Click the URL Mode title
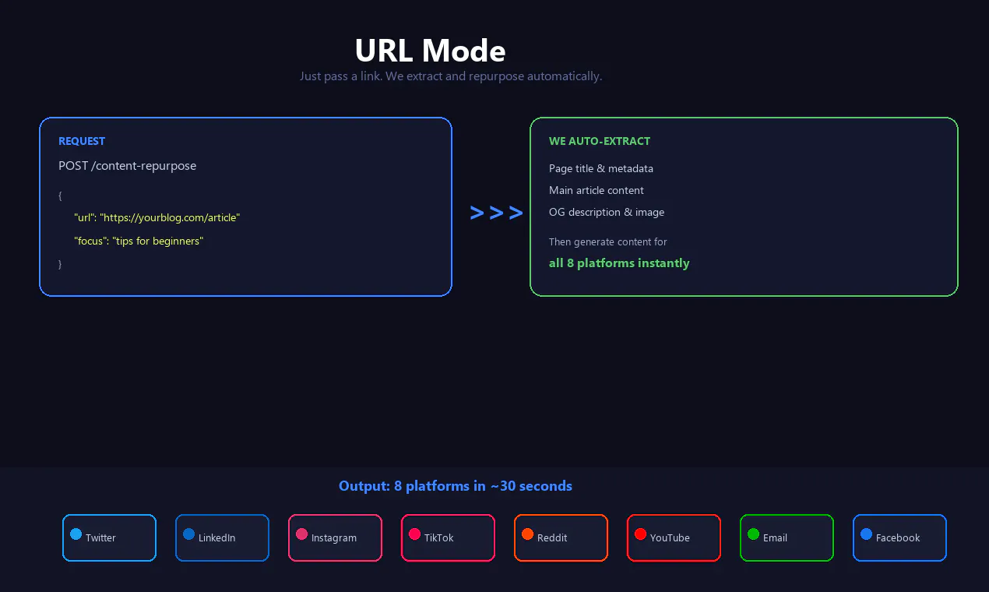[430, 51]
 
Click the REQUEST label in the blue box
[82, 141]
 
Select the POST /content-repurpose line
[127, 166]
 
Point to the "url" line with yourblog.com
[157, 217]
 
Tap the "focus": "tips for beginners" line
[139, 241]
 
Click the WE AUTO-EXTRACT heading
[599, 141]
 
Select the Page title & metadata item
[601, 168]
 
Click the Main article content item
[596, 190]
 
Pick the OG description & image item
[606, 212]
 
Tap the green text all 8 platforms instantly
[619, 263]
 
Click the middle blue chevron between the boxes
[496, 213]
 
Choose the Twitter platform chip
[109, 537]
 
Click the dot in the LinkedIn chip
[188, 534]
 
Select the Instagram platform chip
[335, 537]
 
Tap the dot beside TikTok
[414, 534]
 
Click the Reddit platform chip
[561, 537]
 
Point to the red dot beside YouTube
[640, 534]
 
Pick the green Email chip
[787, 537]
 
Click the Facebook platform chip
[899, 537]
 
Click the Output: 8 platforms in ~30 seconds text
[456, 486]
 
